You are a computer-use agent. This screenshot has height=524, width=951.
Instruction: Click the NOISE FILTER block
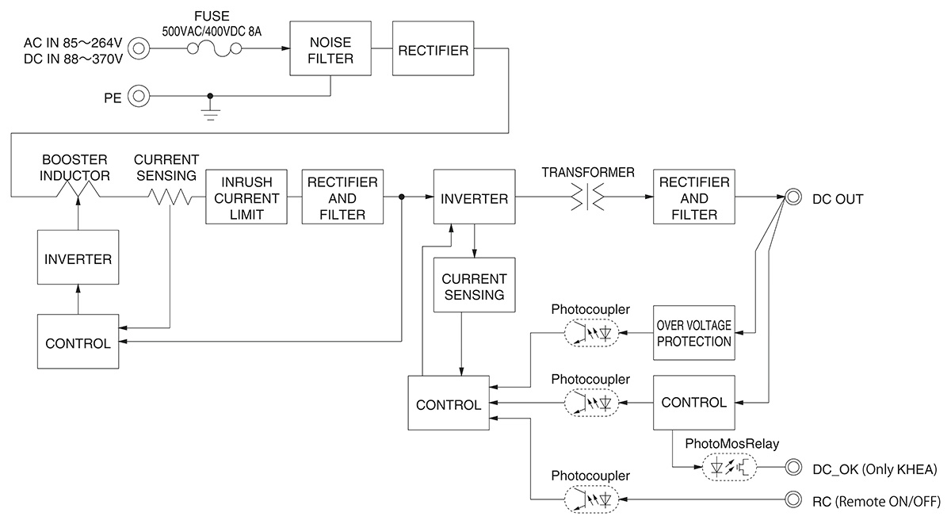tap(330, 49)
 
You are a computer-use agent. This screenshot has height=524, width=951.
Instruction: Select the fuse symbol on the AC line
tap(214, 49)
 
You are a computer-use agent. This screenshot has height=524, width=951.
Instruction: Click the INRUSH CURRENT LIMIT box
tap(246, 197)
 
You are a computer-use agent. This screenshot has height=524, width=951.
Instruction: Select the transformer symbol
tap(587, 197)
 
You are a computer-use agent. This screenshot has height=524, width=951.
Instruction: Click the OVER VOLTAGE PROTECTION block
tap(693, 333)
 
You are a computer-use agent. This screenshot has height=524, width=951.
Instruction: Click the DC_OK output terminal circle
tap(792, 468)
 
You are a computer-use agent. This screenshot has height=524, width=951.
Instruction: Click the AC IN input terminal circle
tap(139, 49)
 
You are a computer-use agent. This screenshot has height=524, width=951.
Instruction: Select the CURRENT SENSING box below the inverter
tap(474, 286)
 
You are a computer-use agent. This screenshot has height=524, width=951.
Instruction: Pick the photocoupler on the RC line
tap(591, 500)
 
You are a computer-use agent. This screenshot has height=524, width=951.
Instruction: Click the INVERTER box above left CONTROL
tap(78, 258)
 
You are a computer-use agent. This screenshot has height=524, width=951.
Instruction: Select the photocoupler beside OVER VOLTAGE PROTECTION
tap(591, 333)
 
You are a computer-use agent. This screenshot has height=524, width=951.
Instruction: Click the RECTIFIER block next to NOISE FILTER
tap(432, 49)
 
